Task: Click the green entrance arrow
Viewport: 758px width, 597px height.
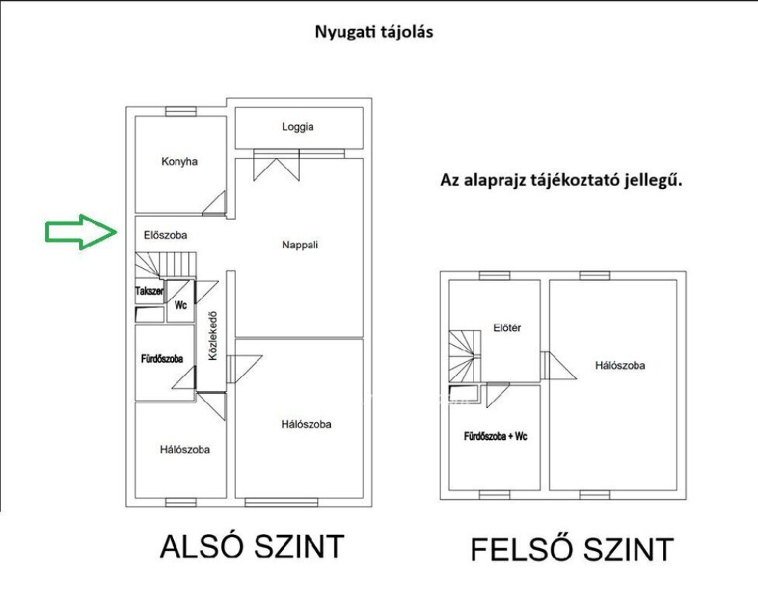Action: [81, 232]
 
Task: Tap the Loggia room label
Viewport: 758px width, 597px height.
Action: [298, 127]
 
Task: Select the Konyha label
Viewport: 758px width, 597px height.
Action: [179, 161]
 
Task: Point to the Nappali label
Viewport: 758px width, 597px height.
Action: [300, 244]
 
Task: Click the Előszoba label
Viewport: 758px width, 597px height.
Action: [165, 235]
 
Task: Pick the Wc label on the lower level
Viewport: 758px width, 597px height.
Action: [181, 305]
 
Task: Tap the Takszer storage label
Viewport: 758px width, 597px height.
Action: [150, 291]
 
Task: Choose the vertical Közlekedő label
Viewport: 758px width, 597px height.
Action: [212, 336]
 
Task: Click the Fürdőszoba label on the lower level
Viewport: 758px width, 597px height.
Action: [162, 359]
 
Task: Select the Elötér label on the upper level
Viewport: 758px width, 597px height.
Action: [507, 328]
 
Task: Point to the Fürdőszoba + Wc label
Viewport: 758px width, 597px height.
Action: [495, 436]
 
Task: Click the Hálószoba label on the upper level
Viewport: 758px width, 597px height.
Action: [620, 365]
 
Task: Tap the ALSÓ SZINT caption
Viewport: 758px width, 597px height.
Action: [252, 547]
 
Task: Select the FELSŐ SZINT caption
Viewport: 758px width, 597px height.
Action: [572, 549]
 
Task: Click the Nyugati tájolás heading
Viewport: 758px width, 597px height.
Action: [374, 32]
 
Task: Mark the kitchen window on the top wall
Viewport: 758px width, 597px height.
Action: [181, 112]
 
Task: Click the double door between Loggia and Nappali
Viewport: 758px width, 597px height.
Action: [277, 165]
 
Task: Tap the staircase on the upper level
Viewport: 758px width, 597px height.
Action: [465, 356]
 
